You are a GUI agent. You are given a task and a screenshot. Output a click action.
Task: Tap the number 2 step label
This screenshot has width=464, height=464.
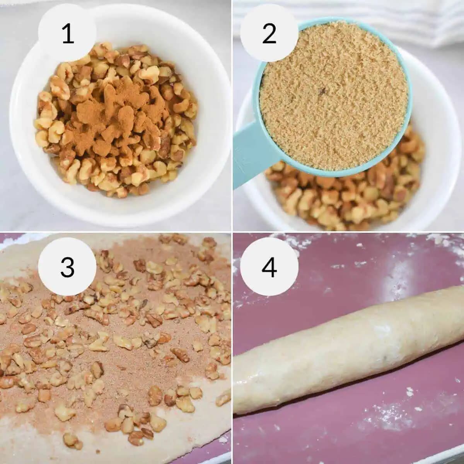(269, 34)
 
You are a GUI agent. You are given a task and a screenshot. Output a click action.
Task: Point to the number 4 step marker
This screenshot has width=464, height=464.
(269, 267)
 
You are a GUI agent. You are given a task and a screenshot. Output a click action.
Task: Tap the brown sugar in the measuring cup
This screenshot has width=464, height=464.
(333, 99)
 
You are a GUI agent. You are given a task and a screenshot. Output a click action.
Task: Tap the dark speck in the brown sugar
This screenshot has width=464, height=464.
(322, 91)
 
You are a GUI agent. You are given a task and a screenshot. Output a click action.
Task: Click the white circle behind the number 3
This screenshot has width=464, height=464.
(68, 266)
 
